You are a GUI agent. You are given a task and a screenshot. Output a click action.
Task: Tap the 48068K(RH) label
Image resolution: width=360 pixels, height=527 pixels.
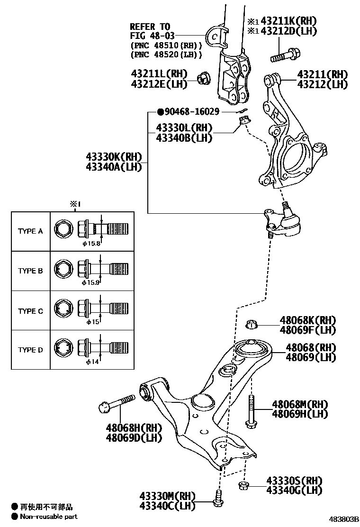[x=307, y=320]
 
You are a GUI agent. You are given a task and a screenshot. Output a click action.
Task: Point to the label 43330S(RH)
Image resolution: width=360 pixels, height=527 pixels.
[x=294, y=481]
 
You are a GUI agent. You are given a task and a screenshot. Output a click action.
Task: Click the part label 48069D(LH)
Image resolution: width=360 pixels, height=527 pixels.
[x=134, y=437]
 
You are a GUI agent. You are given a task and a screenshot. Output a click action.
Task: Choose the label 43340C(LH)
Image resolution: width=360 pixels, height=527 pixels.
[x=167, y=506]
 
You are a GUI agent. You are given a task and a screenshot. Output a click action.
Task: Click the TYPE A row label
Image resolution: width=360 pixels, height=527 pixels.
[x=30, y=231]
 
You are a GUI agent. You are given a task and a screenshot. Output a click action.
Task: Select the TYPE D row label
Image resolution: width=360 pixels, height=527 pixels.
[x=30, y=350]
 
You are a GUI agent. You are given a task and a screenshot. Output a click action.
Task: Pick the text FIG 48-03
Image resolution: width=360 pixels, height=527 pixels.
[x=150, y=36]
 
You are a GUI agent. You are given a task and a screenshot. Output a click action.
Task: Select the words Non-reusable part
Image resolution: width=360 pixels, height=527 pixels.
[x=48, y=517]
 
